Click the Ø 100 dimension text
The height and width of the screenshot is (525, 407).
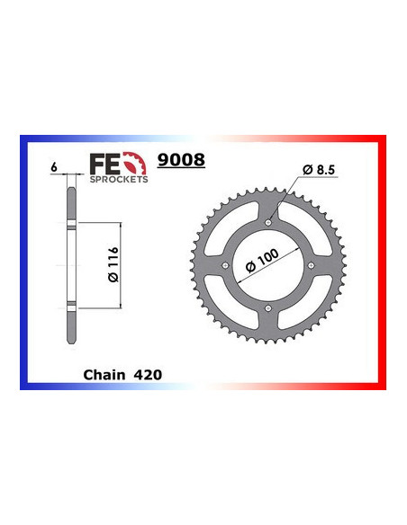(x=260, y=261)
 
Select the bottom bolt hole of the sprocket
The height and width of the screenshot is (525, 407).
(x=268, y=310)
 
